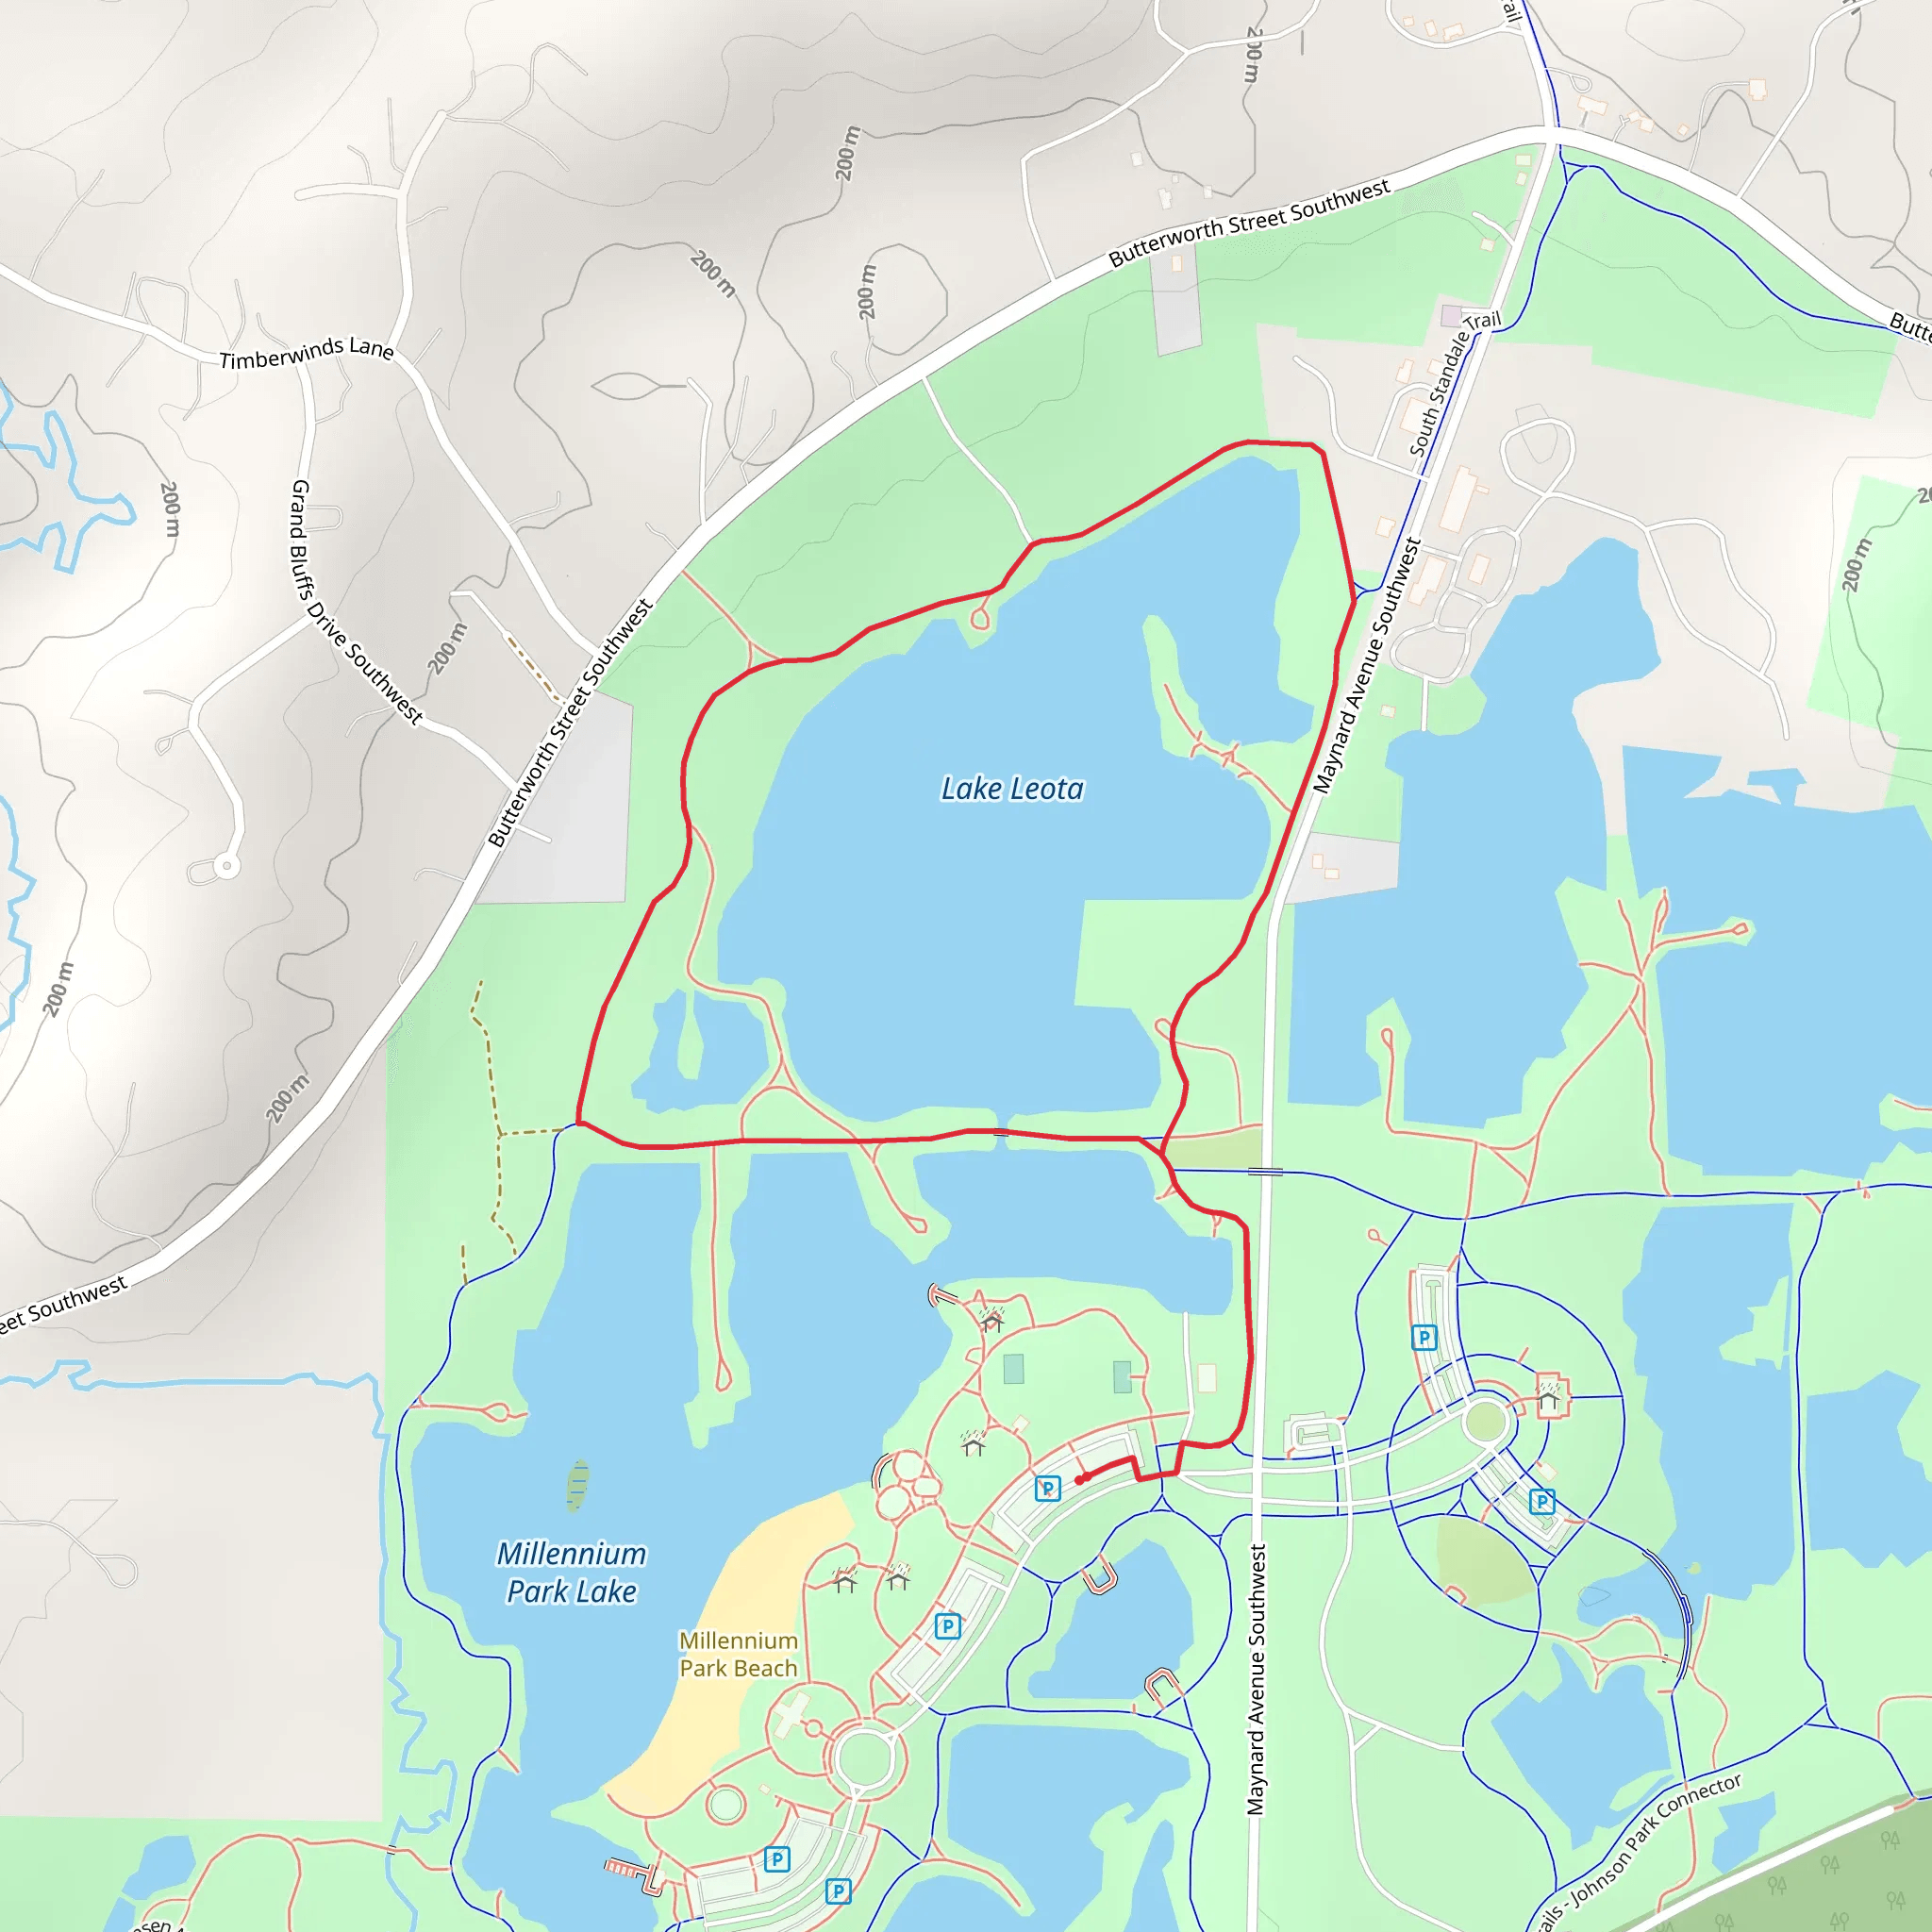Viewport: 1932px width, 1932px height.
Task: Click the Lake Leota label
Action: pos(1012,789)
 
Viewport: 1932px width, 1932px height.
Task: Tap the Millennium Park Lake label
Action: pos(571,1572)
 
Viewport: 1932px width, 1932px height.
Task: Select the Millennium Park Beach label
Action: pos(738,1654)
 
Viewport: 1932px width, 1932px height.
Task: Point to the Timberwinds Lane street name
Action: pos(306,353)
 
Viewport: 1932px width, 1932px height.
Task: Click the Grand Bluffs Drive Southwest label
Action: pos(354,602)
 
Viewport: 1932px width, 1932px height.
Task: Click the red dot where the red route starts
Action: pos(1079,1480)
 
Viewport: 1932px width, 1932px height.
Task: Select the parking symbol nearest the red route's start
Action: pos(1047,1489)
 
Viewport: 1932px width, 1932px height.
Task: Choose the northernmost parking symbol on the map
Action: pos(1424,1337)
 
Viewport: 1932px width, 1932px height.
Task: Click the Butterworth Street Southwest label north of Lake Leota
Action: pos(1249,223)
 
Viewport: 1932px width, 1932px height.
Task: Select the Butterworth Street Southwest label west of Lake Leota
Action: pos(570,722)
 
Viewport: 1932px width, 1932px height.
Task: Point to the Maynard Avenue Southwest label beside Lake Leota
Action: pos(1366,666)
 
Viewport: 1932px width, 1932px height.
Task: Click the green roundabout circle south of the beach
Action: pos(863,1758)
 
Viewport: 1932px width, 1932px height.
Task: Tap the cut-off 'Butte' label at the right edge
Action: pos(1909,326)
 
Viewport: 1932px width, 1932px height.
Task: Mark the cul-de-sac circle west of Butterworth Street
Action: pos(227,865)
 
